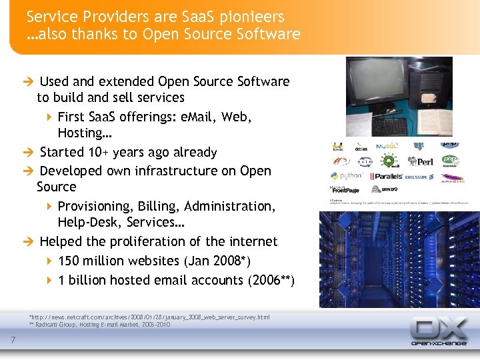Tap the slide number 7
[13, 342]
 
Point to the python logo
[347, 177]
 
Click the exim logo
[364, 161]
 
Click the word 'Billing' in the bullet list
[154, 206]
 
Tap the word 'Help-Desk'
[87, 222]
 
